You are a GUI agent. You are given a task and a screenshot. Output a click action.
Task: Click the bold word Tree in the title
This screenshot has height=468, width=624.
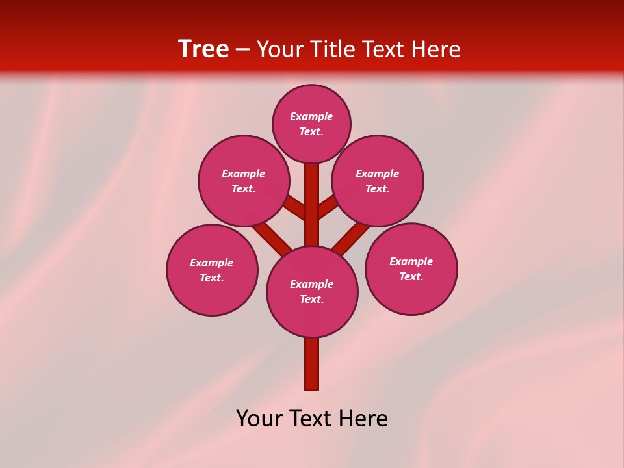203,49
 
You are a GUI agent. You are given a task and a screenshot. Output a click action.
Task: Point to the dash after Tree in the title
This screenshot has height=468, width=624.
243,49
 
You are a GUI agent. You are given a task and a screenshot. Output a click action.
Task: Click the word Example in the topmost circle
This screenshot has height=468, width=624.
311,116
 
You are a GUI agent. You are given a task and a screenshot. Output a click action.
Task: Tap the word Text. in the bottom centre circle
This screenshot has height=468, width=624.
311,300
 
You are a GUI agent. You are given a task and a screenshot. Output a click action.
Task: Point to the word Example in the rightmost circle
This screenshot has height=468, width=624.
411,261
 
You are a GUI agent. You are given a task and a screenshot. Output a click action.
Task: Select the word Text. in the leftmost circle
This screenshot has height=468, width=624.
212,278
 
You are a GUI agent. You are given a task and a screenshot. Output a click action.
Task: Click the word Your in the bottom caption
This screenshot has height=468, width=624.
258,419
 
